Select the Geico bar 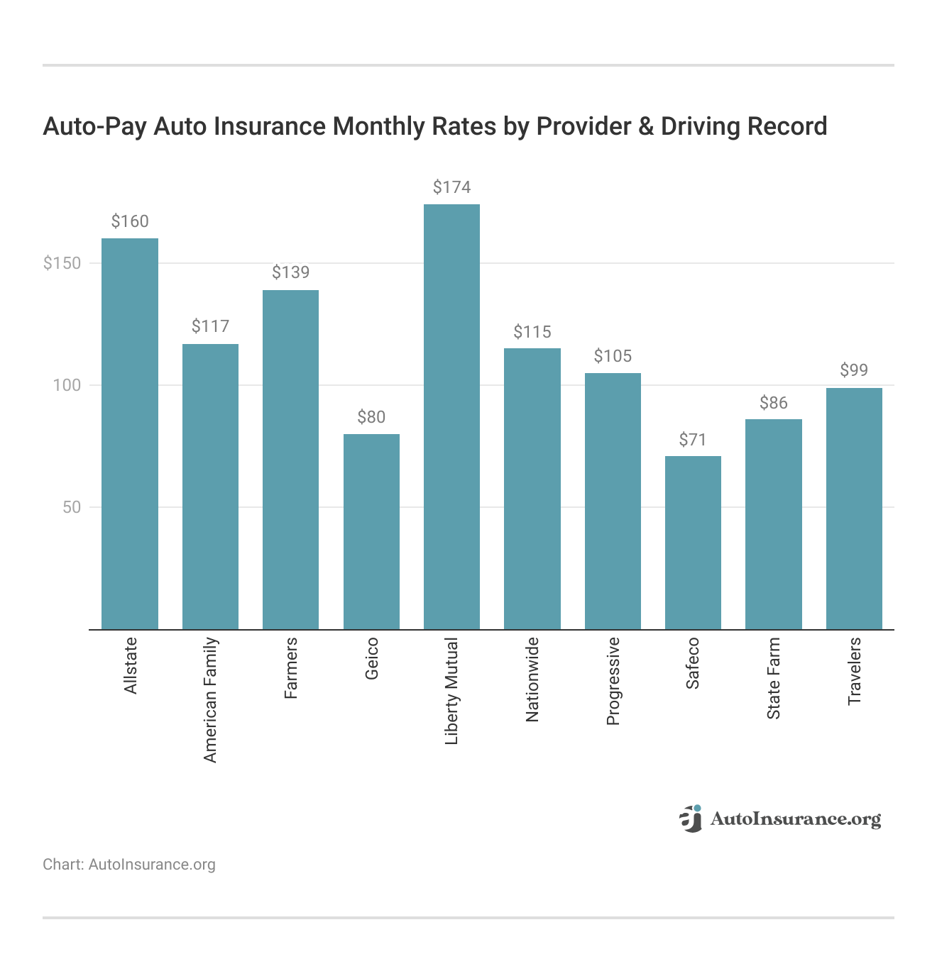pyautogui.click(x=371, y=532)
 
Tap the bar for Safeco pyautogui.click(x=693, y=543)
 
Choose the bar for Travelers pyautogui.click(x=854, y=509)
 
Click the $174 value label pyautogui.click(x=451, y=187)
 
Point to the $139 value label pyautogui.click(x=290, y=272)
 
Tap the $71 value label pyautogui.click(x=693, y=440)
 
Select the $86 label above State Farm pyautogui.click(x=773, y=403)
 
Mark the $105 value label pyautogui.click(x=613, y=356)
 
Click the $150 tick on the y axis pyautogui.click(x=62, y=263)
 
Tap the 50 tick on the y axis pyautogui.click(x=72, y=507)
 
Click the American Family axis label pyautogui.click(x=210, y=700)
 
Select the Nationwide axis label pyautogui.click(x=532, y=680)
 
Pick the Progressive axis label pyautogui.click(x=613, y=681)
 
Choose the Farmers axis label pyautogui.click(x=290, y=668)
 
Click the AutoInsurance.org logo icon pyautogui.click(x=691, y=819)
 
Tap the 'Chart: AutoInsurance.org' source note pyautogui.click(x=129, y=865)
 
